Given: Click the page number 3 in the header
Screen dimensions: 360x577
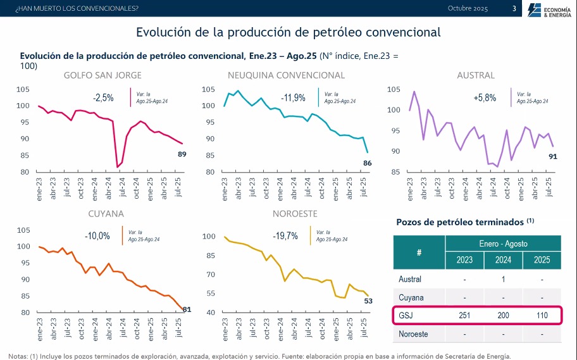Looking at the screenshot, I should (514, 8).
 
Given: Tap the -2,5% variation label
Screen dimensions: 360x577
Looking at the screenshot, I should (103, 98).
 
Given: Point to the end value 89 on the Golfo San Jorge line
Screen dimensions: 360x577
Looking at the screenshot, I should (182, 154).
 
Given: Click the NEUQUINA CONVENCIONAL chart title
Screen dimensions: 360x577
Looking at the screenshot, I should (286, 75).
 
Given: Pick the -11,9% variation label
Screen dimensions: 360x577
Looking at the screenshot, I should (293, 98).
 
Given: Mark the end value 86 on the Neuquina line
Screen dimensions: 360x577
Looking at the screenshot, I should (368, 163).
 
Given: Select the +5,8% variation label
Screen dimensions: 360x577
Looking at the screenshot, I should (485, 98).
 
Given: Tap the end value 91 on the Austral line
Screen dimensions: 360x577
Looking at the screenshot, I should (552, 156).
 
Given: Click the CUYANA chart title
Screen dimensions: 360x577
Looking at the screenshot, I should (106, 214).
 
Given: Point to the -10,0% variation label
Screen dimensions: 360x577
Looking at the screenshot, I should (97, 236).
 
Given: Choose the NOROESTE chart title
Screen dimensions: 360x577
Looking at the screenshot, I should (295, 214).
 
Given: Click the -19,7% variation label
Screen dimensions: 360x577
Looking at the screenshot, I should (285, 236).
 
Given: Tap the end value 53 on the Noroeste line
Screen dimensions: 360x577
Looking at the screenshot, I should (368, 301).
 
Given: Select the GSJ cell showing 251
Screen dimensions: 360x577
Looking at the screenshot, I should (464, 315).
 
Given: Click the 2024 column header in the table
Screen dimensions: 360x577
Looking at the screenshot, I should (503, 260).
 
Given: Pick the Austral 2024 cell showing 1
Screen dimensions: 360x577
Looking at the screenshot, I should (503, 279).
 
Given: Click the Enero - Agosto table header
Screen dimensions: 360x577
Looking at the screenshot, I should (503, 244).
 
